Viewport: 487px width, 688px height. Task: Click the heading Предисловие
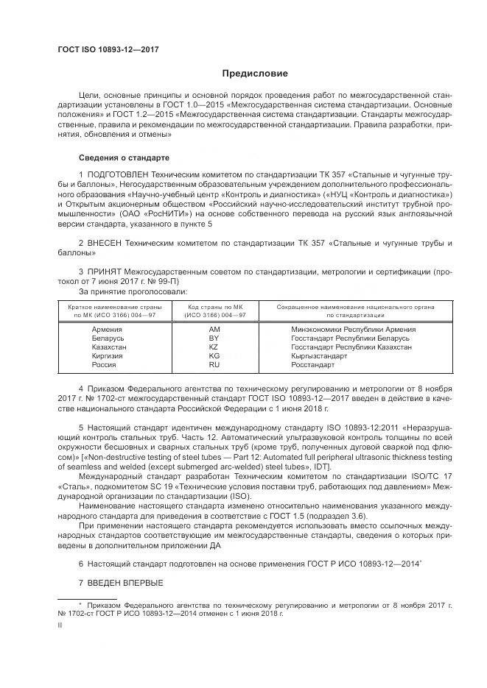pos(256,74)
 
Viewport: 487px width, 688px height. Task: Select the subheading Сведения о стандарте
pos(124,158)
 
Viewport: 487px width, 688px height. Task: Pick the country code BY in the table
pos(214,338)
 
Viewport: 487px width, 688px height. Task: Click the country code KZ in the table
pos(214,347)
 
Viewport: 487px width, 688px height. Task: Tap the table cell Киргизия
pos(108,355)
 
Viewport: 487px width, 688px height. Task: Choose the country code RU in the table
pos(214,364)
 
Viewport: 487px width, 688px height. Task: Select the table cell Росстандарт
pos(313,364)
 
